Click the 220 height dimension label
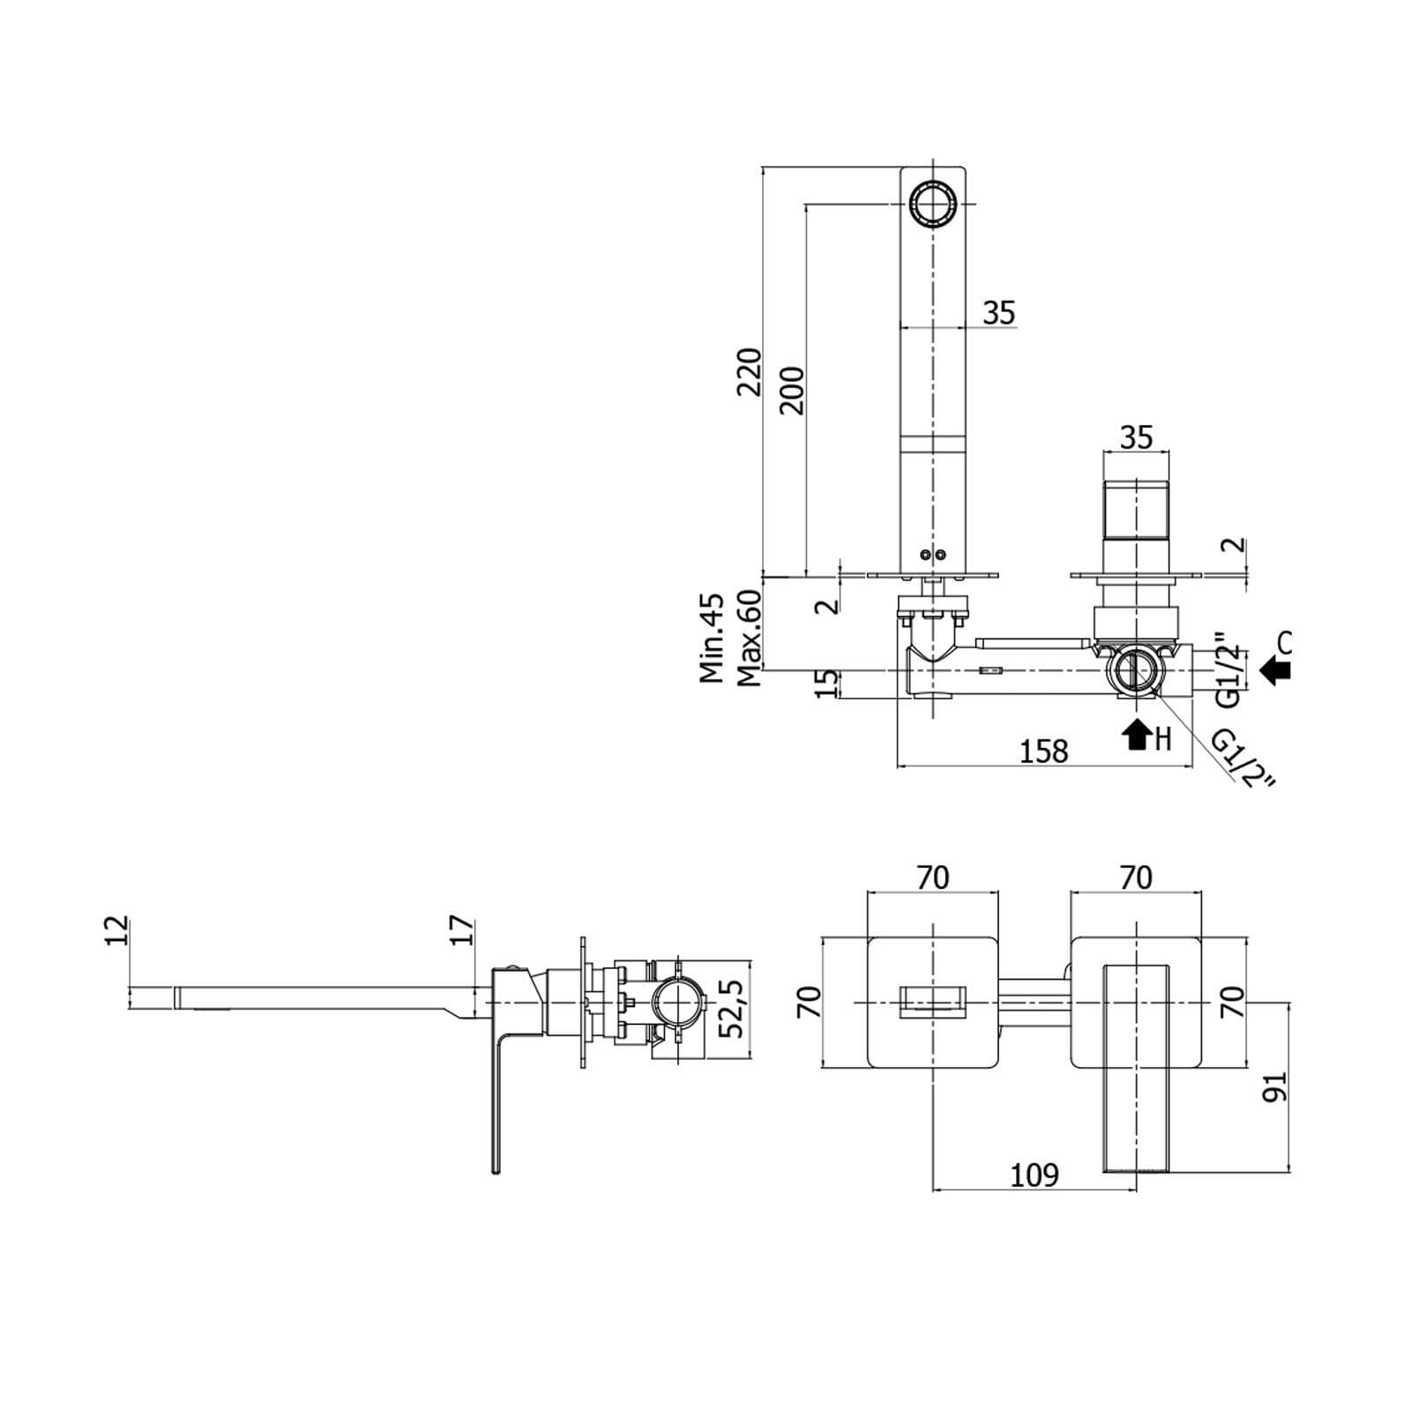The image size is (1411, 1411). pos(749,371)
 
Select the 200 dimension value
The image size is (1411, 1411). pos(793,391)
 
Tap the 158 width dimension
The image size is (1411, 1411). pos(1043,751)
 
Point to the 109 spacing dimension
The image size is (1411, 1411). pos(1034,1176)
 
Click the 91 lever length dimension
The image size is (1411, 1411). pos(1275,1086)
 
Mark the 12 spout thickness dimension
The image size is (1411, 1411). pos(116,931)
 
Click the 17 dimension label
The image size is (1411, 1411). pos(461,931)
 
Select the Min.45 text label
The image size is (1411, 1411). pos(712,638)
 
